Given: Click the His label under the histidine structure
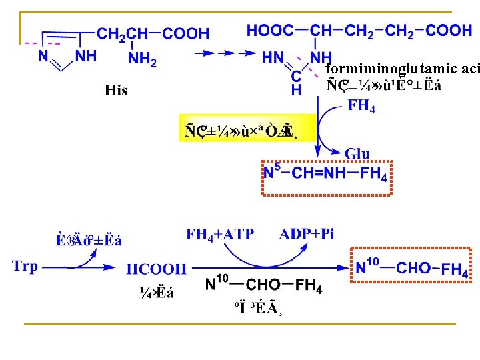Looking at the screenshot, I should tap(116, 90).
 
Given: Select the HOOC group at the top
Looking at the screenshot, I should tap(269, 31).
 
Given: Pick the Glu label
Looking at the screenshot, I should tap(357, 154).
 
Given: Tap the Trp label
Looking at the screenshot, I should tap(25, 267).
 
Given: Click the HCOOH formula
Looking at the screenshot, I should tap(157, 269).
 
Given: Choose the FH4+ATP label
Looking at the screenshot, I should tap(220, 234).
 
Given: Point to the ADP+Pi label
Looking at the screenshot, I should tap(307, 234).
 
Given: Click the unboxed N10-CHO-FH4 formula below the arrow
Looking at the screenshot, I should tap(264, 285).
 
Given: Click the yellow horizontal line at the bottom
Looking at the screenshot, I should tap(240, 324).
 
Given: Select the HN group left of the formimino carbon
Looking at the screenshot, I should tap(273, 58).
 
